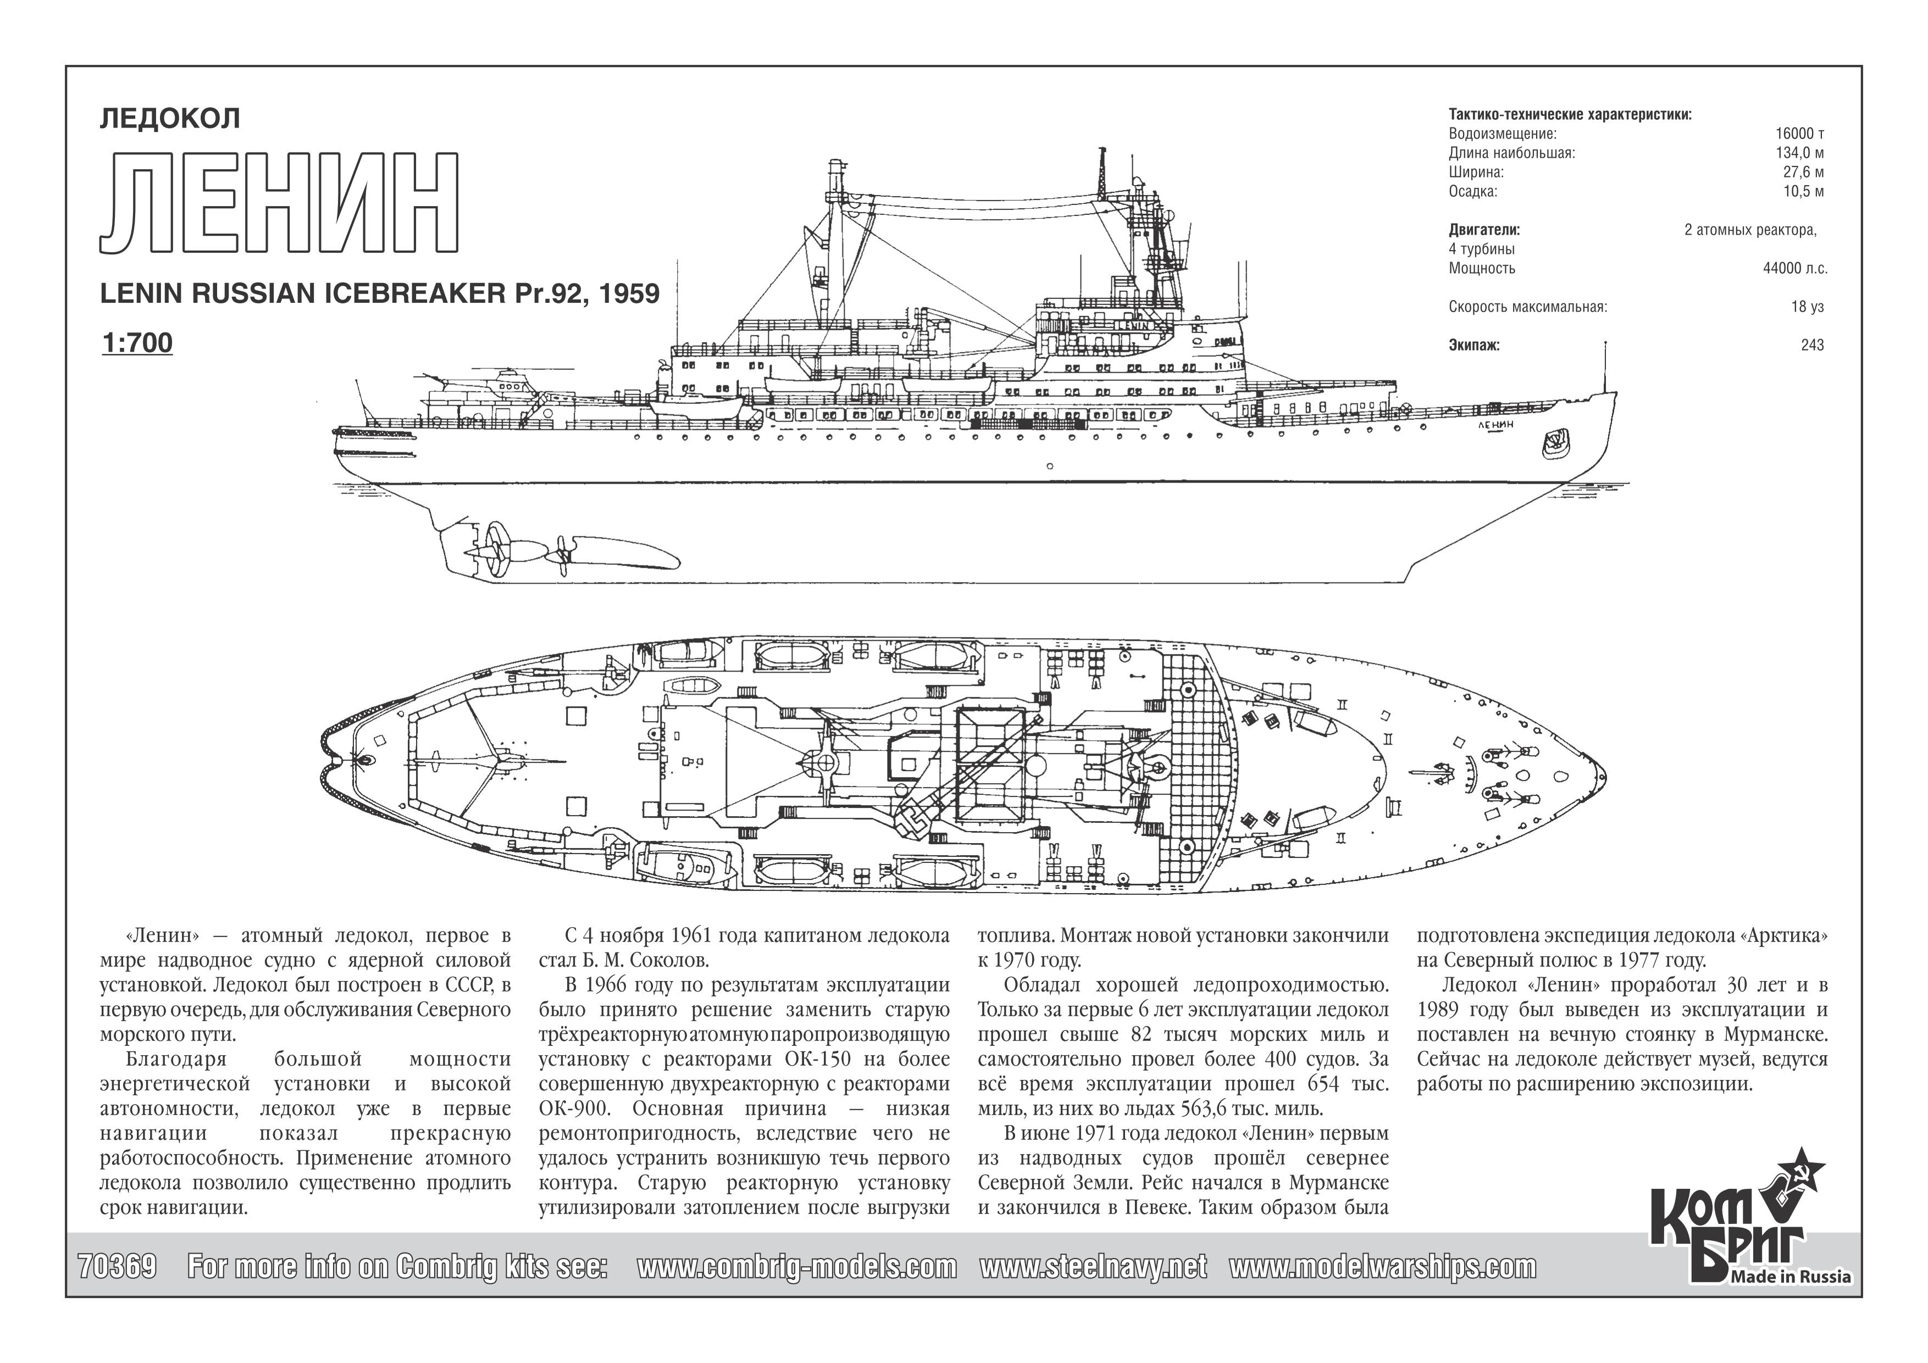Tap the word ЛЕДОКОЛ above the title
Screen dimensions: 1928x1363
pos(170,118)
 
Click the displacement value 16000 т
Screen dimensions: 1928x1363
pos(1799,134)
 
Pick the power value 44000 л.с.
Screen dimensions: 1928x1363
pos(1796,269)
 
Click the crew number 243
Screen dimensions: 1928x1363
pos(1812,345)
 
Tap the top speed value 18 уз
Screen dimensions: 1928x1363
pos(1807,307)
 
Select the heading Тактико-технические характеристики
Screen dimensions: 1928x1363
pos(1570,115)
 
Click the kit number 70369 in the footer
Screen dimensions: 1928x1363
pos(117,1266)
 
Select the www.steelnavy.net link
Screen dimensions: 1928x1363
pos(1093,1266)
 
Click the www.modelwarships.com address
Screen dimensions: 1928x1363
pos(1383,1266)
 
